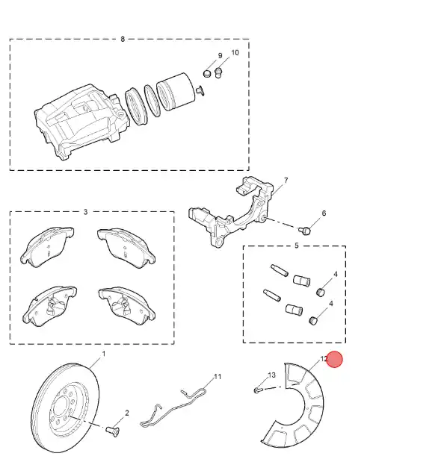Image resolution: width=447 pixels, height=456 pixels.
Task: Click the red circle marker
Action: (334, 360)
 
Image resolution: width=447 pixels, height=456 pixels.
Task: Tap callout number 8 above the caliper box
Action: (123, 39)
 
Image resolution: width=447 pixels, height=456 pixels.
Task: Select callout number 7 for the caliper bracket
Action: (286, 181)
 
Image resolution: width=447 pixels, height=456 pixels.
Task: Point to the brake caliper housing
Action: (82, 122)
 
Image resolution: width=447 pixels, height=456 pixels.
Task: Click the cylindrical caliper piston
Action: (176, 91)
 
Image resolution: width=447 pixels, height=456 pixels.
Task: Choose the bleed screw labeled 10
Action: (218, 72)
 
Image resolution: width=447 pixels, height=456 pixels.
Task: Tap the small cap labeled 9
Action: (207, 74)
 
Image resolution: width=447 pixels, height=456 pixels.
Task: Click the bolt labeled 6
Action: (304, 231)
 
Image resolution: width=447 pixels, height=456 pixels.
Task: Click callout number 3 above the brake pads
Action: (85, 212)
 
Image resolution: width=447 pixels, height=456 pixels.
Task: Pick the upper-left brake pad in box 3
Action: (47, 247)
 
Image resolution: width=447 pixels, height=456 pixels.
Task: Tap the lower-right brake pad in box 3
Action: (126, 306)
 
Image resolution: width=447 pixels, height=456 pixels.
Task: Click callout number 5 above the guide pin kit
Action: (297, 246)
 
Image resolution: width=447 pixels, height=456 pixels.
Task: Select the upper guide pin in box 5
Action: (280, 270)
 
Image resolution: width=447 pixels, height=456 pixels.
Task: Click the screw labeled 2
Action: (112, 431)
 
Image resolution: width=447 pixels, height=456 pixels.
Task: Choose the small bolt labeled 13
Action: (258, 390)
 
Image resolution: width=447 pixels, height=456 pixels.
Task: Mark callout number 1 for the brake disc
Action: (103, 354)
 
